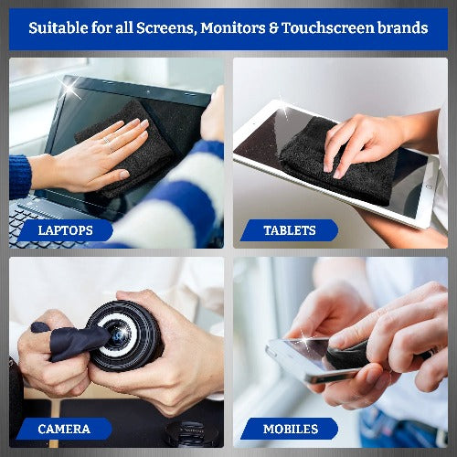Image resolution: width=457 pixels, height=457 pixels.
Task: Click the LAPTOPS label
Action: point(65,230)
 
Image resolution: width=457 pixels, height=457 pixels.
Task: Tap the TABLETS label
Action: point(290,230)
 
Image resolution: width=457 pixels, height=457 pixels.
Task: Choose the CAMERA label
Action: point(64,428)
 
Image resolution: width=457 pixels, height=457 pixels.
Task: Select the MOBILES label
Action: point(290,428)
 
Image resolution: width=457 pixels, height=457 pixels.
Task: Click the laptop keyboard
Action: point(37,224)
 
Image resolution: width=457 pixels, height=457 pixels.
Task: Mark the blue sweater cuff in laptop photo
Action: point(19,174)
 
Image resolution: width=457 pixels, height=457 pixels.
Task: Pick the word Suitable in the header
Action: point(62,28)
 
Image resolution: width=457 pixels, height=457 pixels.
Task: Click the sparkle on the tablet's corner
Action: point(285,110)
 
